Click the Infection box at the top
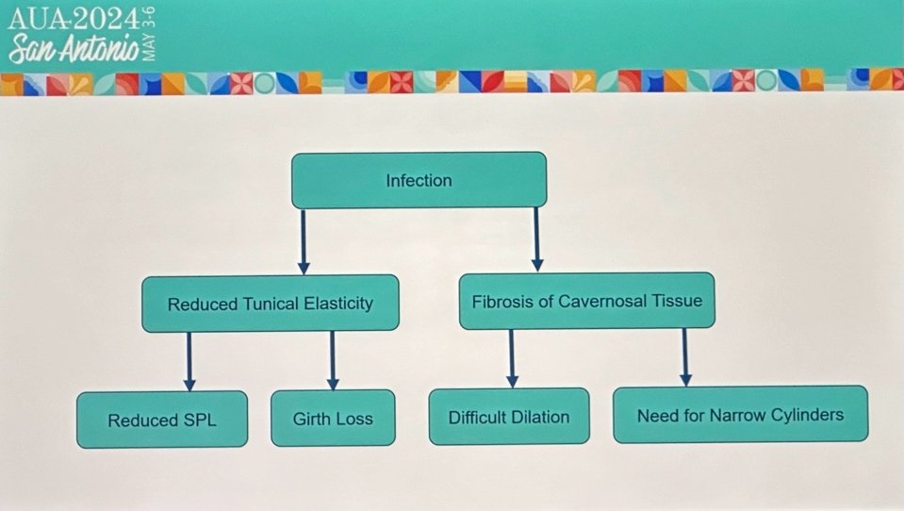pyautogui.click(x=419, y=180)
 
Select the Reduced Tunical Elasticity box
pyautogui.click(x=271, y=304)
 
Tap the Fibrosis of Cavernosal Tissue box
pyautogui.click(x=587, y=301)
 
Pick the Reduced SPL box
pyautogui.click(x=162, y=420)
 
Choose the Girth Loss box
pyautogui.click(x=334, y=419)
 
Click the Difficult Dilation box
pyautogui.click(x=509, y=417)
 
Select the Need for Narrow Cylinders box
pyautogui.click(x=740, y=415)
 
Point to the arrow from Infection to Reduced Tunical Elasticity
pyautogui.click(x=304, y=241)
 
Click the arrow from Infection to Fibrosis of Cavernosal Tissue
pyautogui.click(x=536, y=239)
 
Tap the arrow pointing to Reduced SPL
pyautogui.click(x=189, y=362)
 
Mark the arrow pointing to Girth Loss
pyautogui.click(x=333, y=360)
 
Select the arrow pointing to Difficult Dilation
pyautogui.click(x=511, y=359)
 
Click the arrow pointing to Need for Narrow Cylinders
pyautogui.click(x=685, y=357)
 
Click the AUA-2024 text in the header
pyautogui.click(x=74, y=20)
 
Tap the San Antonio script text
pyautogui.click(x=74, y=48)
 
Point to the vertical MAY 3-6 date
pyautogui.click(x=149, y=35)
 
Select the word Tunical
pyautogui.click(x=271, y=304)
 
